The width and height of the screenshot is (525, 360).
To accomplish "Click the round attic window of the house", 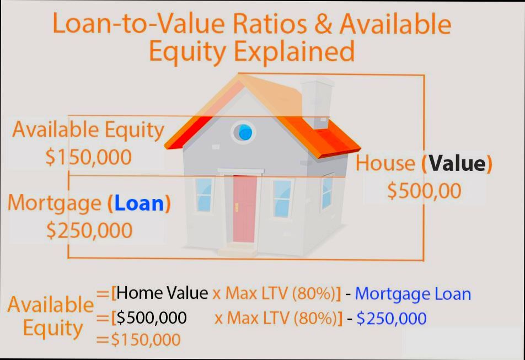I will click(x=244, y=132).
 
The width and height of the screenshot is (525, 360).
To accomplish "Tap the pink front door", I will click(x=244, y=209).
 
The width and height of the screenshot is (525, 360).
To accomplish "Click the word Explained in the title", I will click(x=294, y=51).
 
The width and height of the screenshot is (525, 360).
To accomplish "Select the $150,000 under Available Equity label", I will click(x=89, y=157).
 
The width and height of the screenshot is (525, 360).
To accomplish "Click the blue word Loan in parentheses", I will click(x=140, y=203).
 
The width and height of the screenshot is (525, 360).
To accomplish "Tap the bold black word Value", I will click(x=456, y=163).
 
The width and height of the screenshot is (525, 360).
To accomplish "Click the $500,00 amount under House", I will click(x=424, y=191).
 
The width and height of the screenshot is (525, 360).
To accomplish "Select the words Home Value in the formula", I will click(x=163, y=293).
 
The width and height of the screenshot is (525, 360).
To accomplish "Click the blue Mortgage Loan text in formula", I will click(x=413, y=293).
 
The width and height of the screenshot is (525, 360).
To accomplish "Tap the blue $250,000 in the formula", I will click(x=392, y=318).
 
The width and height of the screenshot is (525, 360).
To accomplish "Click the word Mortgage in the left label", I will click(x=54, y=203).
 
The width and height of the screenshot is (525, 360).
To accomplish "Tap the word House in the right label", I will click(x=385, y=163).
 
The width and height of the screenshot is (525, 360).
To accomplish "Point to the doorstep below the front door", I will click(x=240, y=250).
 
